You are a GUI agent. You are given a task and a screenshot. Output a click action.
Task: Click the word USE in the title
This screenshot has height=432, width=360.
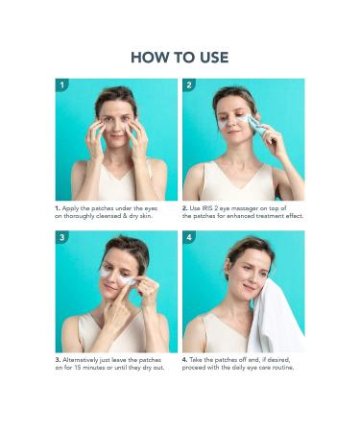pyautogui.click(x=214, y=58)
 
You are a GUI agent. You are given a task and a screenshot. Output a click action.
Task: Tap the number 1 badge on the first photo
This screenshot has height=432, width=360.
pyautogui.click(x=62, y=85)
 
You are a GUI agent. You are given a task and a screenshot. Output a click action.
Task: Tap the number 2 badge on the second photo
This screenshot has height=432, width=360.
pyautogui.click(x=189, y=85)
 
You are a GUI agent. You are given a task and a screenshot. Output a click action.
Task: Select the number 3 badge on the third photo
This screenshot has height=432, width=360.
pyautogui.click(x=62, y=237)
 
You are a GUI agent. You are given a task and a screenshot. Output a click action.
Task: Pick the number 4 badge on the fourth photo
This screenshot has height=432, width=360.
pyautogui.click(x=189, y=237)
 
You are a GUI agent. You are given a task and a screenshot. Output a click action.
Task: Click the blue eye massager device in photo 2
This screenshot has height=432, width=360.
pyautogui.click(x=258, y=127)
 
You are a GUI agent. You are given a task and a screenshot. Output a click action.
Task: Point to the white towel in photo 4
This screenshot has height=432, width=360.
pyautogui.click(x=276, y=317)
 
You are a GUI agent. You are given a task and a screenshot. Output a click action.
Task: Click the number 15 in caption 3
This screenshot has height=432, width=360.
pyautogui.click(x=78, y=368)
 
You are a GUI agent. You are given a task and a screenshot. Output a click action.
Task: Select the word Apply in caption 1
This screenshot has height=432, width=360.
pyautogui.click(x=70, y=208)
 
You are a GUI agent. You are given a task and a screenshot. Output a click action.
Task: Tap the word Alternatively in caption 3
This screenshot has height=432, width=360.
pyautogui.click(x=81, y=360)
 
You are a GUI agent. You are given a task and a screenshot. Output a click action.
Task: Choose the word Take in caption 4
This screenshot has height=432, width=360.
pyautogui.click(x=196, y=360)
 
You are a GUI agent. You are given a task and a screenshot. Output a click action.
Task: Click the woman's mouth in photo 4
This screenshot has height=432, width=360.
pyautogui.click(x=249, y=287)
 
